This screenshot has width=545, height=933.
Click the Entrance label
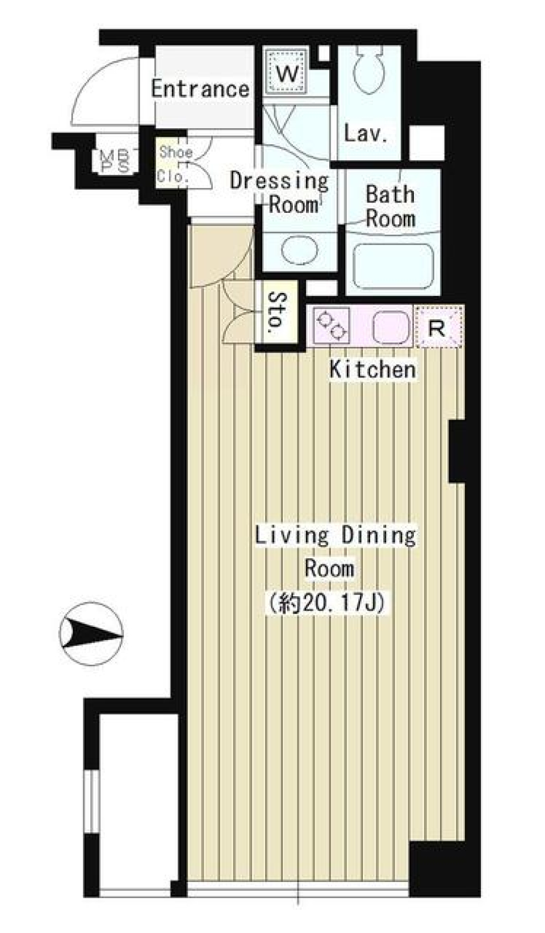click(x=200, y=89)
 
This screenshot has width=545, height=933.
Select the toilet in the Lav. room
click(x=369, y=71)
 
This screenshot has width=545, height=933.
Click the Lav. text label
click(x=366, y=134)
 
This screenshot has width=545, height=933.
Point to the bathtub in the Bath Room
click(x=393, y=267)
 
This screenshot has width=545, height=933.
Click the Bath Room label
click(x=390, y=206)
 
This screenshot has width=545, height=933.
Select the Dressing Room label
click(x=279, y=192)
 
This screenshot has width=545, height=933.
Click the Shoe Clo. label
click(x=175, y=164)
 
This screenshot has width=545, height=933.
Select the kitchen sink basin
click(x=391, y=328)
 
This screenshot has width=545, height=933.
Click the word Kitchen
click(x=372, y=370)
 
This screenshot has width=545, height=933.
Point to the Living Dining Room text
click(x=335, y=551)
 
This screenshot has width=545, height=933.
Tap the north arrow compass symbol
click(x=91, y=633)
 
